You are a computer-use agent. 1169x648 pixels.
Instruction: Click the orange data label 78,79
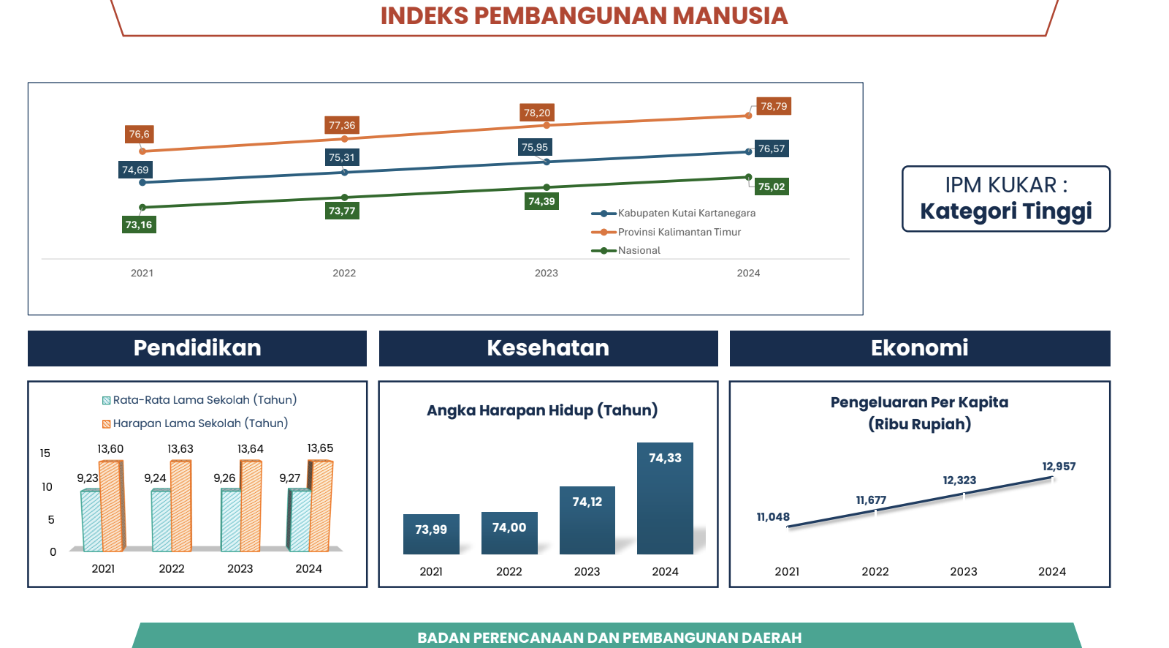[774, 106]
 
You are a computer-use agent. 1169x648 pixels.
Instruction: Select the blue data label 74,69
[135, 170]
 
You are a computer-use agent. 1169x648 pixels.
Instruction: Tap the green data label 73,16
[139, 225]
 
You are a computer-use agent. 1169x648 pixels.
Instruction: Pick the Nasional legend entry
[625, 250]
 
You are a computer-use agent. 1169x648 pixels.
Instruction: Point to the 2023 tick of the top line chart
[547, 273]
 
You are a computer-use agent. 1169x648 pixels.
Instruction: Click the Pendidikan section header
[197, 348]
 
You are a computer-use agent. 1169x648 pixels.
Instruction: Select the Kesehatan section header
[548, 348]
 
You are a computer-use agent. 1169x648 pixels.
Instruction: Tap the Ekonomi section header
[920, 348]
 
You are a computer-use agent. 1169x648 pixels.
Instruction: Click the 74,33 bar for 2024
[665, 499]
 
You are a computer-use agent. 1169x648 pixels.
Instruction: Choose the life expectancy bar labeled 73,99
[431, 534]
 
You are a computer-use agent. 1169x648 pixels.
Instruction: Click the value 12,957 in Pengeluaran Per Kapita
[1059, 466]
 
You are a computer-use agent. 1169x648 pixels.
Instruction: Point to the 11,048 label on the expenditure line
[773, 517]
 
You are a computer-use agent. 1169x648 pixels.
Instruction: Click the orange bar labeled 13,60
[112, 506]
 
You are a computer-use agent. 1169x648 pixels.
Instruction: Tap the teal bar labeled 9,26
[231, 521]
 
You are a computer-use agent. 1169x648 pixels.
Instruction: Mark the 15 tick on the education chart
[45, 453]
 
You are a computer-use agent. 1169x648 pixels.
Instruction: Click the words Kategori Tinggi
[1005, 211]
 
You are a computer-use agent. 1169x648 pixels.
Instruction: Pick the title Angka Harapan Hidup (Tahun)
[542, 410]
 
